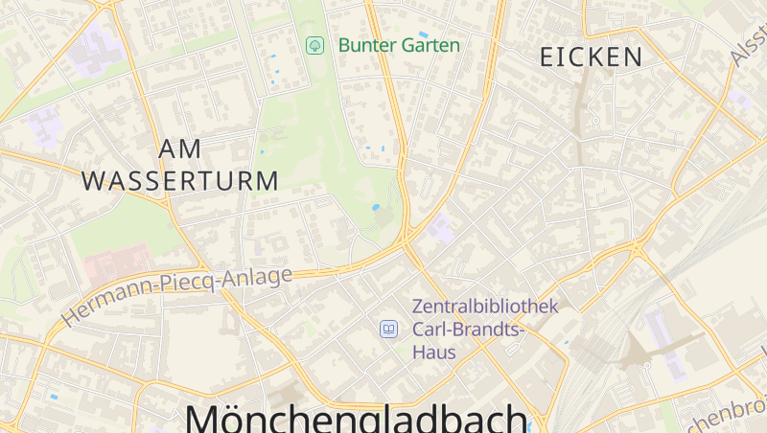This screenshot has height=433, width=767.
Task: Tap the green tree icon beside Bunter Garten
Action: (314, 45)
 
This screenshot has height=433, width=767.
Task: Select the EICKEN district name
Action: (591, 57)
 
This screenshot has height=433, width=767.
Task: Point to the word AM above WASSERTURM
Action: (181, 149)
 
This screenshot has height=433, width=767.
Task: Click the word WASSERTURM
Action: (180, 180)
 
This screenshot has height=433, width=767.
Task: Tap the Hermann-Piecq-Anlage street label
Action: (177, 295)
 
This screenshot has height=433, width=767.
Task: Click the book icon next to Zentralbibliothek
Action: (388, 330)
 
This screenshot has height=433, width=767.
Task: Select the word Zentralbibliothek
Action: (484, 307)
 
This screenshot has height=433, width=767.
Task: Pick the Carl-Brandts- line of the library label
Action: (469, 330)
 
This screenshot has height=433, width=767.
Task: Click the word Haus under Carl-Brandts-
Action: (433, 352)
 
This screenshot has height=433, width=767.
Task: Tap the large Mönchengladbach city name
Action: (356, 419)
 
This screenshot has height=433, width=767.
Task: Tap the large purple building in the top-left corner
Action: (94, 48)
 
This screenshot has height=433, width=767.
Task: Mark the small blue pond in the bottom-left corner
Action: (54, 397)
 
